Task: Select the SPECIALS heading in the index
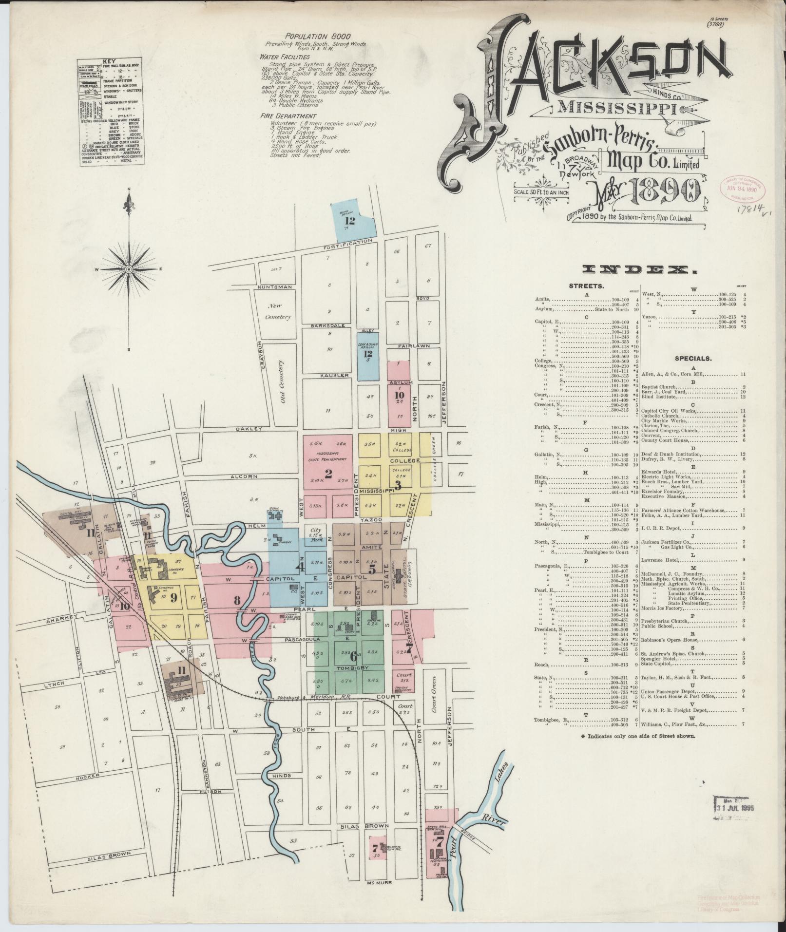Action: point(693,358)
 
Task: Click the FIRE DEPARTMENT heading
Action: point(288,116)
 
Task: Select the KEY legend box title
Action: point(112,62)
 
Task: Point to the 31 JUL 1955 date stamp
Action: point(735,808)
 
